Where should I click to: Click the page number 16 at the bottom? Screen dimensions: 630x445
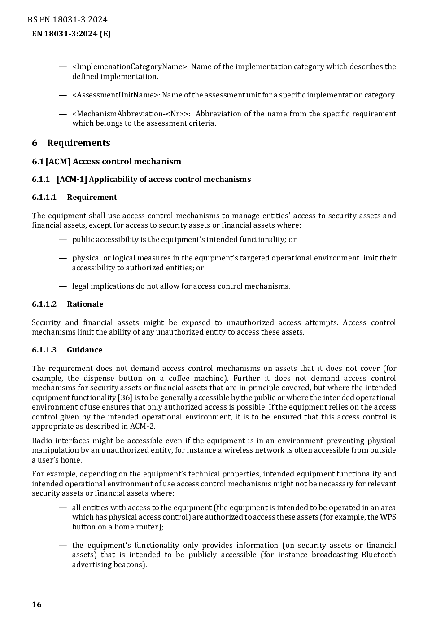[37, 604]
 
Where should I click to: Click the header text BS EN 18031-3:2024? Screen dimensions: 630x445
[67, 20]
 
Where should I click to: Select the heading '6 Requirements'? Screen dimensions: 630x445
[71, 143]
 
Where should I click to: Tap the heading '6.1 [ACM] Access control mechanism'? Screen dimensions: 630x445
[106, 162]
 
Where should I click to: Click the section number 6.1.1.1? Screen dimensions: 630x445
[44, 198]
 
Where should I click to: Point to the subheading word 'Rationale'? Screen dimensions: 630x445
[85, 304]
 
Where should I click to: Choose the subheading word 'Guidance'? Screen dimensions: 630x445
[84, 350]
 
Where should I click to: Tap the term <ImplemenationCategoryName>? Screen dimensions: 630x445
[130, 67]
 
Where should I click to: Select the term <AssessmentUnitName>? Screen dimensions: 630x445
[116, 95]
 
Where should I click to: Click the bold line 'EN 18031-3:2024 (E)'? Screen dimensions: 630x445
[71, 34]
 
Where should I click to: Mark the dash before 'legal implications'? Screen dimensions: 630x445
[63, 286]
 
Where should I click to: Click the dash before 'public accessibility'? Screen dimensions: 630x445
[63, 240]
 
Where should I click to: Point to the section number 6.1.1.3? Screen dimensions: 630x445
[44, 350]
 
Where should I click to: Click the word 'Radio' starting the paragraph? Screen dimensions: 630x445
[41, 441]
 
